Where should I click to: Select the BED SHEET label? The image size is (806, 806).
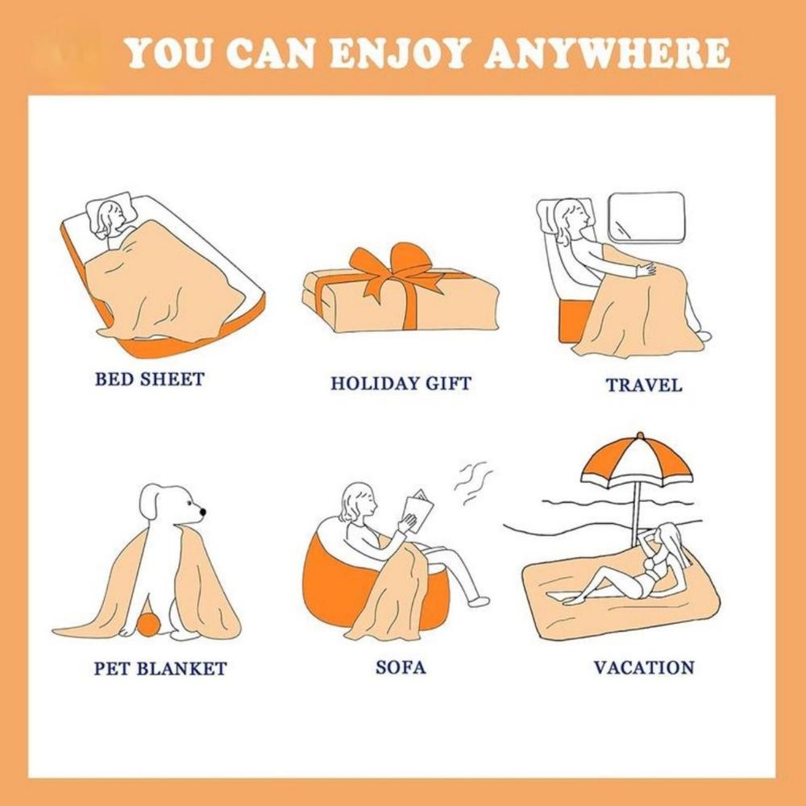[x=149, y=379]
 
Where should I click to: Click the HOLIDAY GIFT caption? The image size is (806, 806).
[x=401, y=384]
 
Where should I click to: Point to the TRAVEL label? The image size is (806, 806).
[x=644, y=385]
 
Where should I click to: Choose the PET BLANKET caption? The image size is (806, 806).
[x=160, y=668]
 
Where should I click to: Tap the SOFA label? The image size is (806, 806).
[x=401, y=667]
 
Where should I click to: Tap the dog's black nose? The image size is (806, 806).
[x=201, y=510]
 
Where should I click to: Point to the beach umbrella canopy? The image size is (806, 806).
[x=636, y=459]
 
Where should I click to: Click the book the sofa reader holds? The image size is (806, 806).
[x=418, y=509]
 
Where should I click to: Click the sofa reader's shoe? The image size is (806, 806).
[x=479, y=601]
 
